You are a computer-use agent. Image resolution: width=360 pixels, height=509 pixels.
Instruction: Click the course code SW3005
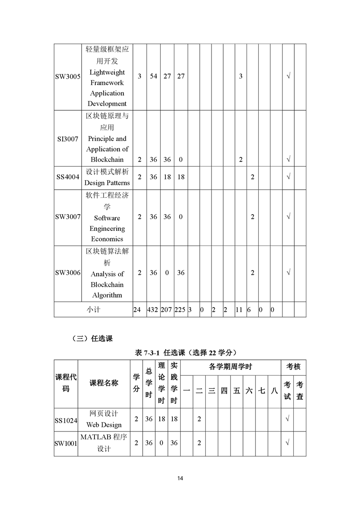pos(68,77)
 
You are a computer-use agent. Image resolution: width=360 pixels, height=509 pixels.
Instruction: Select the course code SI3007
pos(67,139)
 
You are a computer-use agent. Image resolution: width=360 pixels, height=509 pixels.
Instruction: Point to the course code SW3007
pos(68,217)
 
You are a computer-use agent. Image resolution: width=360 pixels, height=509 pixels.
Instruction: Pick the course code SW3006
pos(68,273)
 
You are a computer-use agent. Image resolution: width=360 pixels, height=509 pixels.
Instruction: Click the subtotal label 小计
pos(94,310)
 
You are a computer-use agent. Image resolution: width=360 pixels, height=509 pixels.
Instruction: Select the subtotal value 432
pos(153,310)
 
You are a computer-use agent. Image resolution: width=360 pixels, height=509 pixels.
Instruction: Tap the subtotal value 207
pos(167,310)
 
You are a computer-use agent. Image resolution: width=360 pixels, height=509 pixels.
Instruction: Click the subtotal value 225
pos(180,310)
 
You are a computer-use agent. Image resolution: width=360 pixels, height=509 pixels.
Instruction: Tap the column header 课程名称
pos(104,383)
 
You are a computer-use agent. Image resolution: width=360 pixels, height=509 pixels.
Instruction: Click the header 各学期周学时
pos(230,367)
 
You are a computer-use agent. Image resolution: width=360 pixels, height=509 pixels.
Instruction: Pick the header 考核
pos(293,367)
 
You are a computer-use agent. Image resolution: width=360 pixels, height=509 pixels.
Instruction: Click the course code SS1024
pos(66,420)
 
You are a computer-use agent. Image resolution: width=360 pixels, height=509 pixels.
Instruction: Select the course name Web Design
pos(104,425)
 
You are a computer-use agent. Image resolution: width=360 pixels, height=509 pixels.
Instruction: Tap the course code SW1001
pos(66,443)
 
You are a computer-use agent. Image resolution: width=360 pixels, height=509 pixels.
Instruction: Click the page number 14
pos(180,479)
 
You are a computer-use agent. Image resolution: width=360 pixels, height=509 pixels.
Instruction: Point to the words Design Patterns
pos(107,183)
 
